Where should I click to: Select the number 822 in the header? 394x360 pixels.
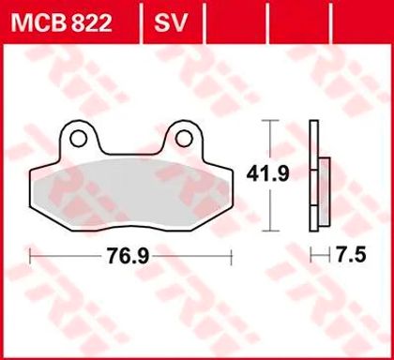point(91,19)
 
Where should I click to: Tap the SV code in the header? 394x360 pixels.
point(168,19)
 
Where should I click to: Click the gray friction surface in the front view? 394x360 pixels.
point(131,188)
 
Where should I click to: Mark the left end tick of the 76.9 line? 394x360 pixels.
point(30,253)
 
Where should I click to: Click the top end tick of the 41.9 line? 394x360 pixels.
point(272,121)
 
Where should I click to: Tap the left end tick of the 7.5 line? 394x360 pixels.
point(311,253)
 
